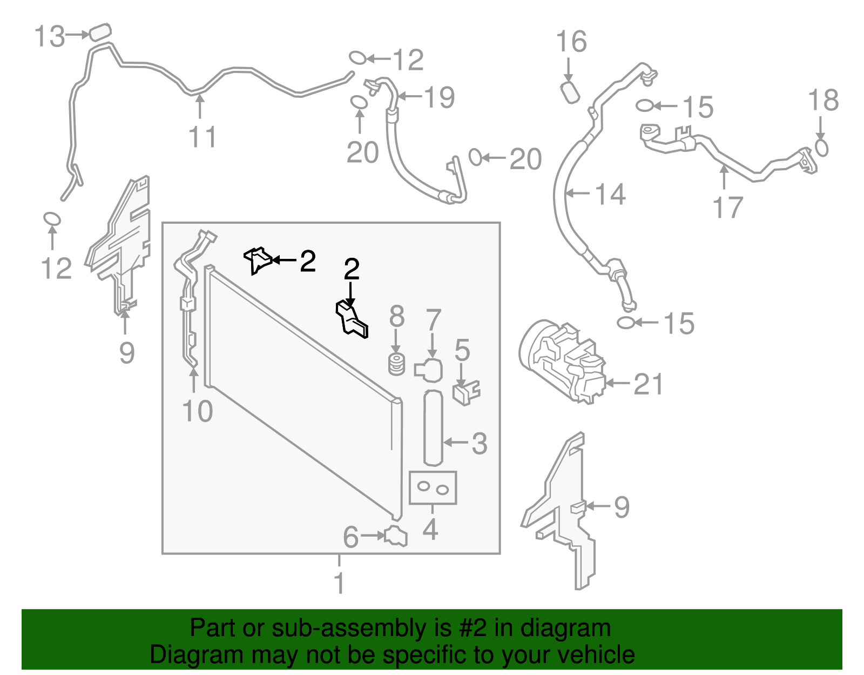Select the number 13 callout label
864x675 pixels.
[49, 37]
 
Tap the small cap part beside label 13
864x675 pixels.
[99, 32]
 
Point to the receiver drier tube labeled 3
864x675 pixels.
[433, 427]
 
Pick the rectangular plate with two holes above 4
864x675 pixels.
[433, 488]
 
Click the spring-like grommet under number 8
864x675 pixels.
[397, 364]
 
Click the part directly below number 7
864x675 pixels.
[429, 370]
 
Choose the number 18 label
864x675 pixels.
[823, 101]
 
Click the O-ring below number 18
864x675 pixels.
[821, 148]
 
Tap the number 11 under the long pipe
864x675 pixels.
[202, 137]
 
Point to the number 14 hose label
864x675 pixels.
[610, 194]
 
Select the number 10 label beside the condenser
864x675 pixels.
[198, 412]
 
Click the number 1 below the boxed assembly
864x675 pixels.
[339, 583]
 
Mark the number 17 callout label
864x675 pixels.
[727, 208]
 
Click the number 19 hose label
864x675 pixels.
[440, 98]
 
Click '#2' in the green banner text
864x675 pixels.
[473, 629]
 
